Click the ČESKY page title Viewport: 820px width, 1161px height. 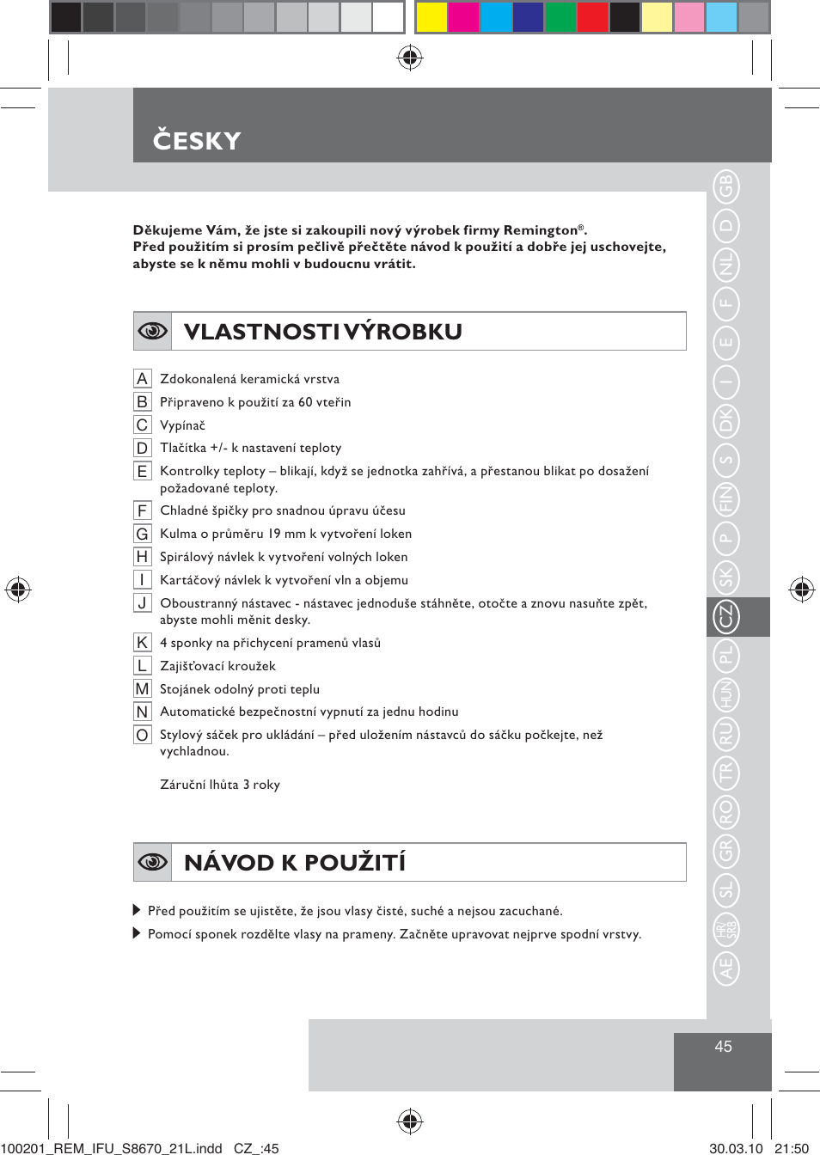(197, 140)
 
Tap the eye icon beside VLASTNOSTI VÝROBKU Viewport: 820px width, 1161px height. (153, 331)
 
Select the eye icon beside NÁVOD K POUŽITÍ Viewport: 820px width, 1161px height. (153, 862)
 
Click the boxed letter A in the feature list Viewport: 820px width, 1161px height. (143, 379)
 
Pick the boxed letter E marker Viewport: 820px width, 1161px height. (143, 471)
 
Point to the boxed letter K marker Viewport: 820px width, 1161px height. (143, 643)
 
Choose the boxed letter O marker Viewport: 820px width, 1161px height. (143, 735)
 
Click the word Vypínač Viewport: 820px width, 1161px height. (182, 425)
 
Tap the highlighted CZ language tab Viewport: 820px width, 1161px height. (726, 616)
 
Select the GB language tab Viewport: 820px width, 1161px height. (726, 186)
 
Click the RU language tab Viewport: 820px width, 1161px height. (726, 733)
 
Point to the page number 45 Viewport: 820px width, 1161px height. (723, 1047)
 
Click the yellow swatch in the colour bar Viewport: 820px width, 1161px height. (431, 17)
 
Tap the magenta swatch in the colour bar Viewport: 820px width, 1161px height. (463, 17)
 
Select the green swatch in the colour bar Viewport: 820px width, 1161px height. (560, 17)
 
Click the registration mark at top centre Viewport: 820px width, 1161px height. (410, 58)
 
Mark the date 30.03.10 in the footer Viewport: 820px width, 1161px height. (736, 1149)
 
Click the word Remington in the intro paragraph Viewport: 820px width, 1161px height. (540, 230)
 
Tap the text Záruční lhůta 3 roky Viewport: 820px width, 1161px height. (220, 785)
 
